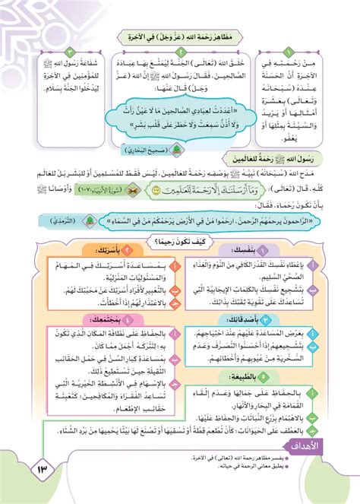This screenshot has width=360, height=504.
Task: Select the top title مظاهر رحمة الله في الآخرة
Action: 180,36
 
